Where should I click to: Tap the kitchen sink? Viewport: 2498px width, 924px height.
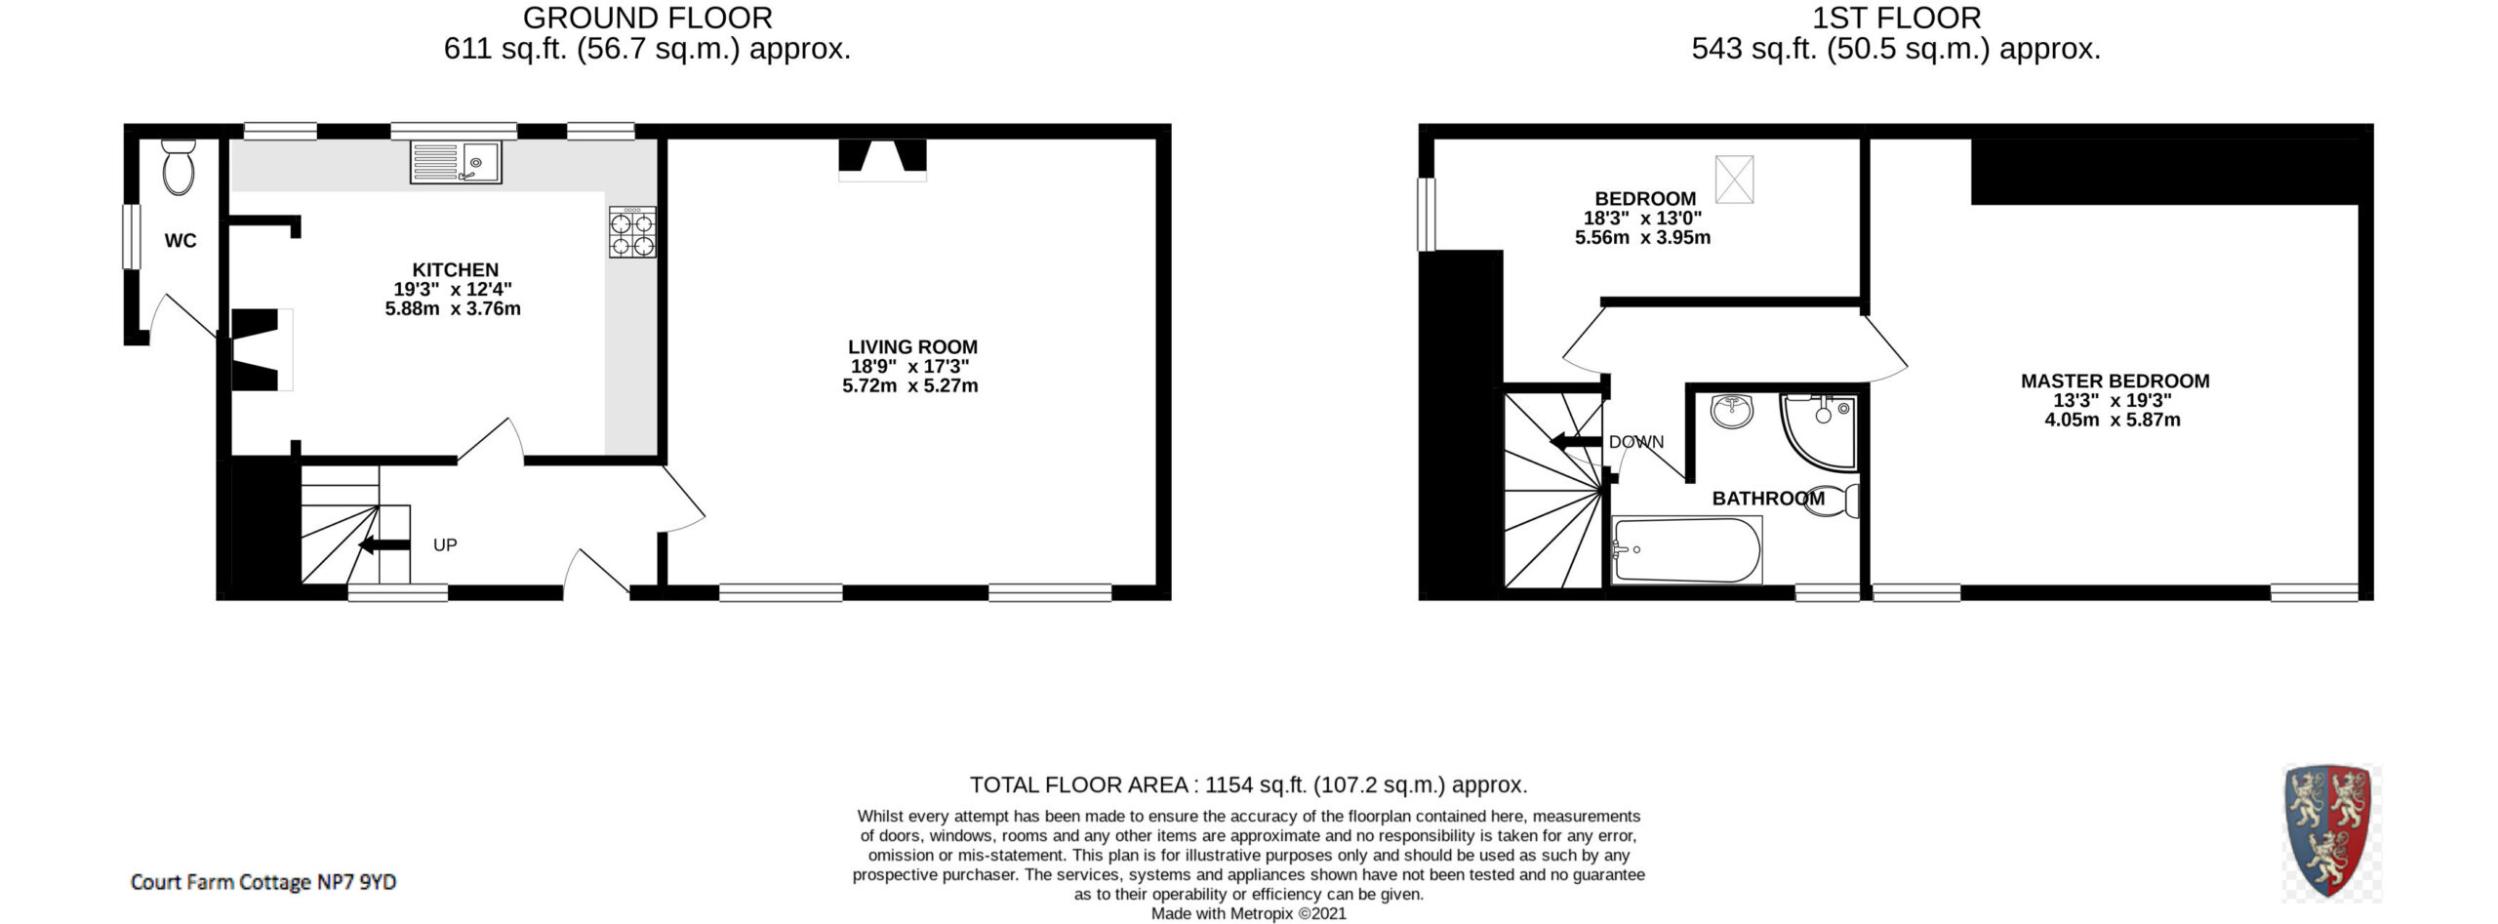456,162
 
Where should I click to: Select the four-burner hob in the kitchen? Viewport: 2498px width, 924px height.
632,232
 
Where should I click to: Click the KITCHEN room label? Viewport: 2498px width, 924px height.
455,270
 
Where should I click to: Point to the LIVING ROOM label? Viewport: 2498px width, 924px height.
912,347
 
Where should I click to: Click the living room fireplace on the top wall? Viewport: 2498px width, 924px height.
882,160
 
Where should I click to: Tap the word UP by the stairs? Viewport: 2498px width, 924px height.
445,545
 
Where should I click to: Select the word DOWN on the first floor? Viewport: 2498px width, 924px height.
1636,442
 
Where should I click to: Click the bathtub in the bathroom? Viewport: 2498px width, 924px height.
1687,550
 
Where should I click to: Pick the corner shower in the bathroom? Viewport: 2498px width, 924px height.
1818,432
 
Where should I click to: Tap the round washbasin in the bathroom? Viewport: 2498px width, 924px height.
1733,411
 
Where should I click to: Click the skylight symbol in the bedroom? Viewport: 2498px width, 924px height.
1734,180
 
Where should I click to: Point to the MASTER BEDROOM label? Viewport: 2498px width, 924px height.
2115,382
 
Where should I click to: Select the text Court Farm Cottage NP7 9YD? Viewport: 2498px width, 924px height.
263,882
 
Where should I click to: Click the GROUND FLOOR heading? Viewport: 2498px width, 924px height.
647,18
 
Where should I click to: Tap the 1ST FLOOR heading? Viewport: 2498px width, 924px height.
1896,18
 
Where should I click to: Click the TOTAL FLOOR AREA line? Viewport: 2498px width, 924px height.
1248,784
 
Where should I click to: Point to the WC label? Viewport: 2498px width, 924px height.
181,241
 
